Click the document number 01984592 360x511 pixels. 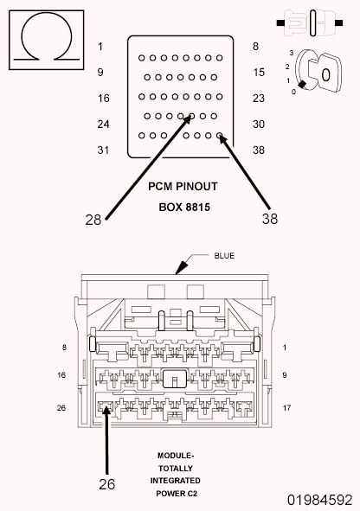[319, 500]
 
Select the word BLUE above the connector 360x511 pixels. [224, 256]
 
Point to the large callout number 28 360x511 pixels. [93, 220]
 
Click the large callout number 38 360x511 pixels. [270, 219]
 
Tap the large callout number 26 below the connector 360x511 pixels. [107, 484]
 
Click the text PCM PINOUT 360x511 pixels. [183, 187]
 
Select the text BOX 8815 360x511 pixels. [184, 208]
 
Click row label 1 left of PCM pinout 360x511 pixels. [100, 47]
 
